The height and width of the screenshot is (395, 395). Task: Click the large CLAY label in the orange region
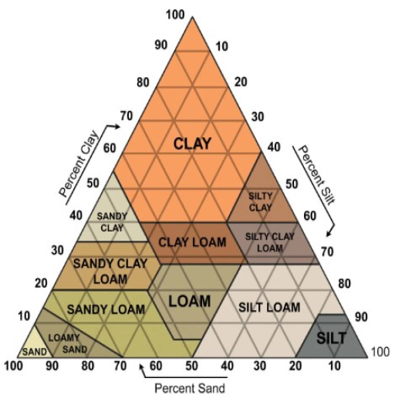[192, 143]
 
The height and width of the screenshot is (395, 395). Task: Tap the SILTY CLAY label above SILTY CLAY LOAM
[260, 202]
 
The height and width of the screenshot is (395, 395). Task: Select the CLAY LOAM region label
[192, 242]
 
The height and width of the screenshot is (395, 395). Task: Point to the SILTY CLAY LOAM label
[270, 242]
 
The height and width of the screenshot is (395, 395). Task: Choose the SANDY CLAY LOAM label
[110, 272]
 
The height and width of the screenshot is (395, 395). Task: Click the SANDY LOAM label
[106, 309]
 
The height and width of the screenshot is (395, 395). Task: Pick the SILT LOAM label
[269, 307]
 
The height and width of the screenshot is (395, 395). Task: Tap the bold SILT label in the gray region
[331, 338]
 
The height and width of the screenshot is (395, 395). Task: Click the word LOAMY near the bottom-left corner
[64, 338]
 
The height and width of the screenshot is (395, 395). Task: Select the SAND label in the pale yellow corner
[35, 352]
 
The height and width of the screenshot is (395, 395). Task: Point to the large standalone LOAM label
[190, 301]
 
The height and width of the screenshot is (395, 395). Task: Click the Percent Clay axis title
[79, 164]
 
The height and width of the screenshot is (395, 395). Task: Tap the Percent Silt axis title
[316, 175]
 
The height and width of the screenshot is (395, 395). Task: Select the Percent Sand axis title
[190, 388]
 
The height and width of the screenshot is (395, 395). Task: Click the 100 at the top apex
[175, 15]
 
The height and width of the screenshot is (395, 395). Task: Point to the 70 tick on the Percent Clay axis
[127, 116]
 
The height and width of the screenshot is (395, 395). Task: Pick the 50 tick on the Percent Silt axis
[292, 184]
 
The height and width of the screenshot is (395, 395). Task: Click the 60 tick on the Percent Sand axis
[156, 366]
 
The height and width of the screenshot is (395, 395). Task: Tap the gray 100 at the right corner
[380, 352]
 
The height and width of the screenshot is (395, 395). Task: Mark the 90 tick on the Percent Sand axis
[52, 366]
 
